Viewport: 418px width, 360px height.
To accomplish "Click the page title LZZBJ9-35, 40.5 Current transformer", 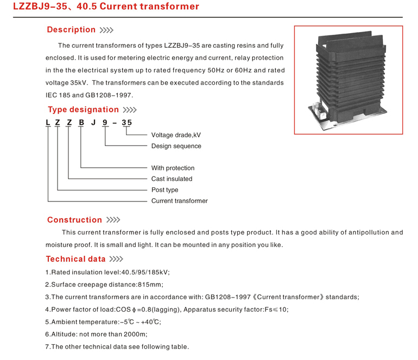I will click(106, 7).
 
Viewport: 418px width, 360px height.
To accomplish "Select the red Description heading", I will click(71, 30).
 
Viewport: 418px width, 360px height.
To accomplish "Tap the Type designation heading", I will click(83, 110).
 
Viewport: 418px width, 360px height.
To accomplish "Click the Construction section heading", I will click(74, 220).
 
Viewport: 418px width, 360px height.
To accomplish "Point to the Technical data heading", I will click(77, 259).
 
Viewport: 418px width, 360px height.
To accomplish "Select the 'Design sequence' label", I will click(176, 146).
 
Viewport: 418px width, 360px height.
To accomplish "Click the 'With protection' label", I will click(173, 168).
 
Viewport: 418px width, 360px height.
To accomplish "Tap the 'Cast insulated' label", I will click(172, 179).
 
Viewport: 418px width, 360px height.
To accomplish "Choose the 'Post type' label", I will click(164, 190).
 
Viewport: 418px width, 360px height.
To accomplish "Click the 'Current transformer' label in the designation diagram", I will click(179, 201).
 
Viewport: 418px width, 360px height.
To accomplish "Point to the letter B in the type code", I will click(81, 123).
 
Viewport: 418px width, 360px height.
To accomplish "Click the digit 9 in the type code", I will click(104, 123).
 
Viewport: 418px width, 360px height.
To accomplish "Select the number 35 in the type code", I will click(126, 123).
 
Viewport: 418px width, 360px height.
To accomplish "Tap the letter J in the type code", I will click(93, 123).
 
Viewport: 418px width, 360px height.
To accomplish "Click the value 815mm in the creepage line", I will click(151, 285).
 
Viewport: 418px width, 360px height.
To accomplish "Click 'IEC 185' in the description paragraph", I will click(59, 95).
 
